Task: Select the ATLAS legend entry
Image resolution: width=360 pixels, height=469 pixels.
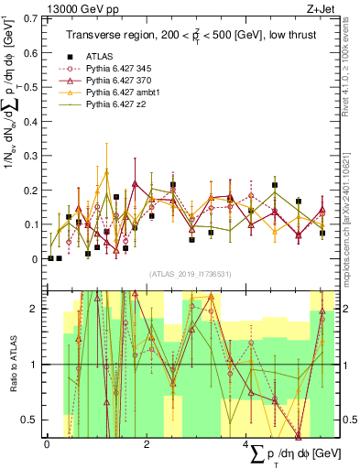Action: point(98,56)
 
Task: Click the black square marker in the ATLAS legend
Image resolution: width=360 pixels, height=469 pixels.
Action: point(68,56)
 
